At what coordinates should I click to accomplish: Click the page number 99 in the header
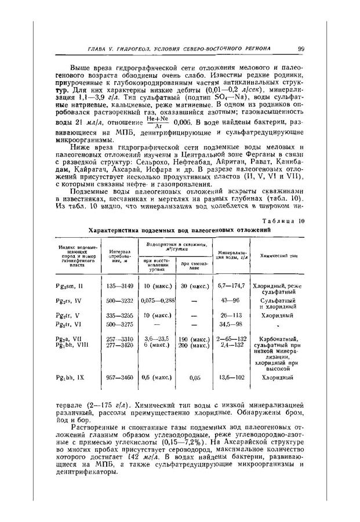click(x=301, y=48)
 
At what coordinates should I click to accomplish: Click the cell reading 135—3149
click(x=120, y=285)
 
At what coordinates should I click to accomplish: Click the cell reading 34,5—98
click(x=230, y=324)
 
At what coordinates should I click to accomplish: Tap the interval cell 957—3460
click(x=120, y=377)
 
